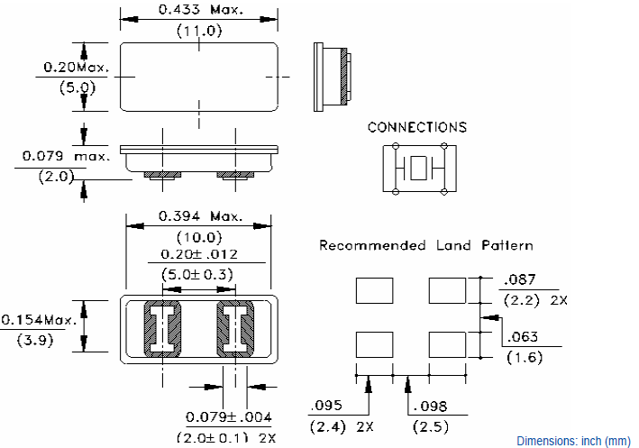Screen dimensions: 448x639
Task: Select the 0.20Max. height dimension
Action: click(76, 68)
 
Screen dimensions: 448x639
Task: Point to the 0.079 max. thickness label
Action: click(66, 157)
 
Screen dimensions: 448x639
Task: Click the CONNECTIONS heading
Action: click(417, 127)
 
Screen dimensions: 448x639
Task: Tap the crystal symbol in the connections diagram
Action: click(420, 169)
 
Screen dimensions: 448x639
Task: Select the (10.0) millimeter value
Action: click(198, 237)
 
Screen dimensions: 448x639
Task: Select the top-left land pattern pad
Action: click(376, 291)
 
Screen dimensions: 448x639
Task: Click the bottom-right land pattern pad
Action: click(448, 345)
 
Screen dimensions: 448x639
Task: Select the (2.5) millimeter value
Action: click(429, 425)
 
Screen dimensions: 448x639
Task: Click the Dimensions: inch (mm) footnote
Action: click(573, 441)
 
